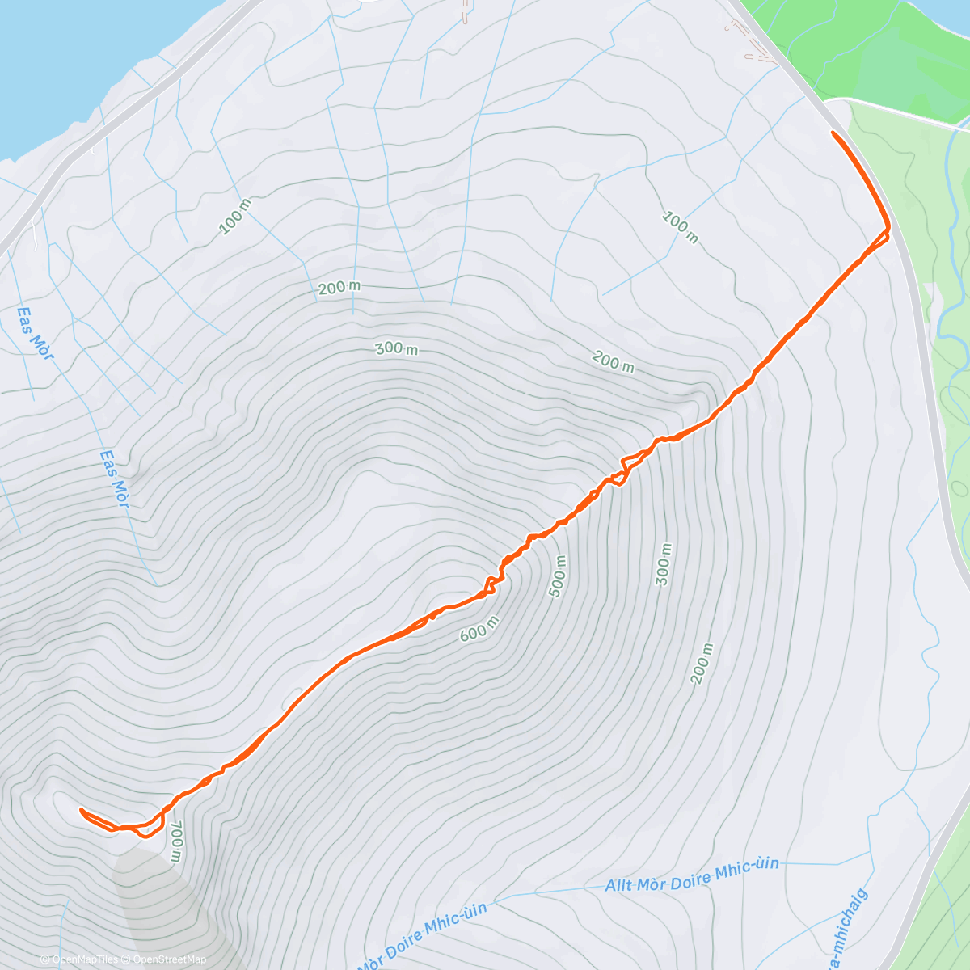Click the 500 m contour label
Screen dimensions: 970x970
tap(559, 576)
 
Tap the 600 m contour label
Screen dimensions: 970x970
tap(479, 629)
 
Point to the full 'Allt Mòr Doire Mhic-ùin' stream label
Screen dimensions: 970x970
tap(692, 875)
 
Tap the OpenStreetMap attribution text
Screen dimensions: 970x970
tap(168, 959)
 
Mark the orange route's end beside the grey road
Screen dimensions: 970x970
tap(833, 132)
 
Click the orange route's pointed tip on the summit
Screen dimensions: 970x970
tap(81, 809)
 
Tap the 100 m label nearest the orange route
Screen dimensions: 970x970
tap(680, 227)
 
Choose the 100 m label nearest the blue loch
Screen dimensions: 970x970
tap(235, 217)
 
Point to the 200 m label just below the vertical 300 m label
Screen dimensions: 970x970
tap(702, 664)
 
